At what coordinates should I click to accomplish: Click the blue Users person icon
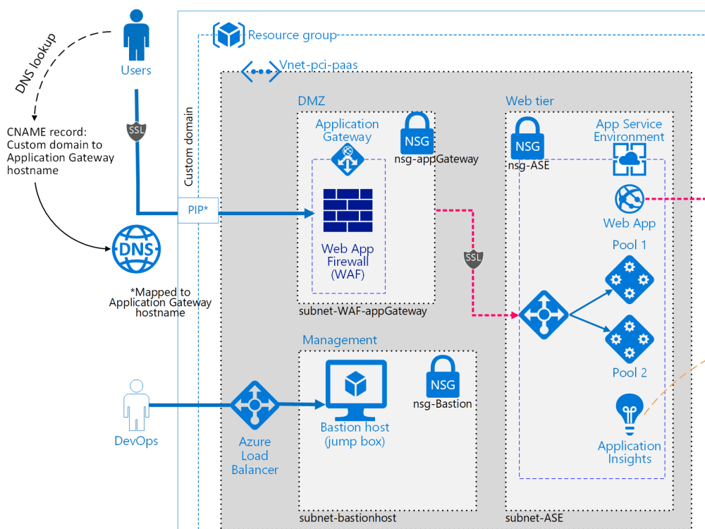tap(136, 35)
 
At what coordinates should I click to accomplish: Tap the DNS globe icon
tap(136, 249)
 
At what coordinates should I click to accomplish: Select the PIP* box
tap(198, 210)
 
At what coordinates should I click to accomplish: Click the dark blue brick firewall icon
tap(348, 210)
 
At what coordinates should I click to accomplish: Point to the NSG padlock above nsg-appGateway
tap(417, 133)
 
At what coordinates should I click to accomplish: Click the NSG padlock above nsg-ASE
tap(527, 138)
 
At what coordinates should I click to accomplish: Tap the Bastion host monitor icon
tap(355, 389)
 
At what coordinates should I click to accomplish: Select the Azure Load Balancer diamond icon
tap(255, 405)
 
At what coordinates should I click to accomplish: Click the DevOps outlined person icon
tap(136, 406)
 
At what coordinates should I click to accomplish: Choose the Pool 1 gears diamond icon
tap(630, 280)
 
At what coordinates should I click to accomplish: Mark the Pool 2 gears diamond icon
tap(630, 339)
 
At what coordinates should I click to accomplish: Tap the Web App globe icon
tap(630, 199)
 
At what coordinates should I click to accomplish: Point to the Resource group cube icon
tap(229, 35)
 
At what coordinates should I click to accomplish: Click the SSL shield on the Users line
tap(136, 131)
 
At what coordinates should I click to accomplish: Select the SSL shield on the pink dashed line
tap(474, 259)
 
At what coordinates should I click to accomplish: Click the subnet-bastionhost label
tap(348, 518)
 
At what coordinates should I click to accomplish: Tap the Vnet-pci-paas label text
tap(319, 65)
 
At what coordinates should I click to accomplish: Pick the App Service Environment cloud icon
tap(630, 159)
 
